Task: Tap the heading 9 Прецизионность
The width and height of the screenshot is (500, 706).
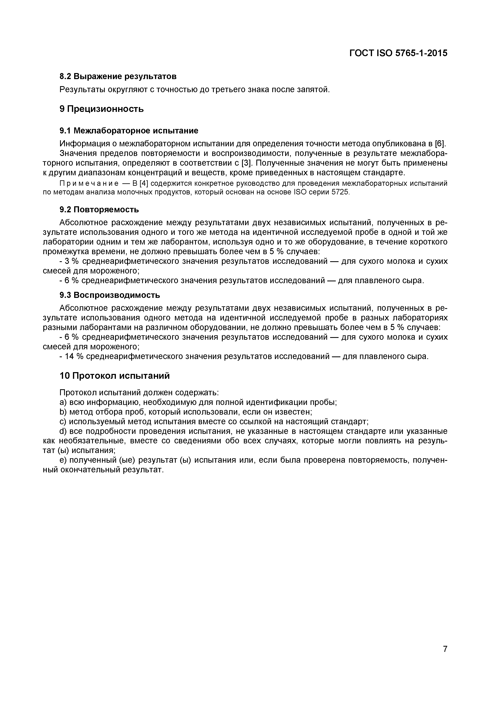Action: click(102, 109)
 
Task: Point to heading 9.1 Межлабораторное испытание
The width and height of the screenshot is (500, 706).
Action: click(129, 131)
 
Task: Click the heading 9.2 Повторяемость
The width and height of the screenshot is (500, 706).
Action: click(99, 210)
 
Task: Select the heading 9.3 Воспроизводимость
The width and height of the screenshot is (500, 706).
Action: click(110, 295)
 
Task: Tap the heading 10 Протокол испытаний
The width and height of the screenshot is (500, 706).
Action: click(114, 376)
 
